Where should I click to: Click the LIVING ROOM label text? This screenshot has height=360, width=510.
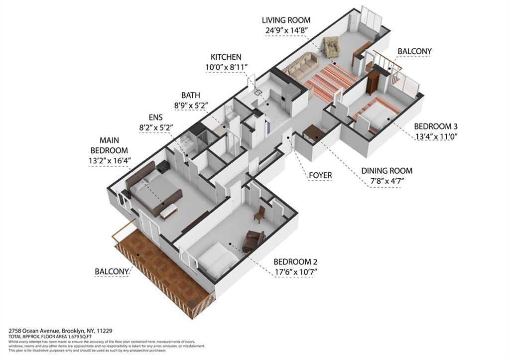[x=286, y=20]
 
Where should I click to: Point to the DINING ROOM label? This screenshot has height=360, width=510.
[x=386, y=171]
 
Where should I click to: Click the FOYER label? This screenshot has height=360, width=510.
[x=320, y=175]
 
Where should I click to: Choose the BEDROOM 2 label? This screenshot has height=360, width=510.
[x=295, y=262]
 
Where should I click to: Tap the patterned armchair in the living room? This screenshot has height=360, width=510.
[x=331, y=46]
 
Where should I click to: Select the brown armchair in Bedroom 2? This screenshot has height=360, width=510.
[x=254, y=240]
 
